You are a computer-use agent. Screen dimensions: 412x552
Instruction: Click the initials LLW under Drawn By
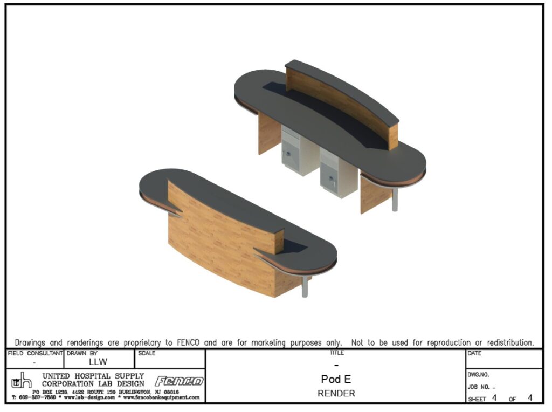(x=98, y=362)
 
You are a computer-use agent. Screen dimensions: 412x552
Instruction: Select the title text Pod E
(x=336, y=379)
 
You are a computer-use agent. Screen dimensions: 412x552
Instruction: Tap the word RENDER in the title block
(x=336, y=393)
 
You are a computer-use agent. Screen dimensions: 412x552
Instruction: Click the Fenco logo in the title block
(x=180, y=381)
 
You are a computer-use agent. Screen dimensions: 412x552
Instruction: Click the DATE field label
(x=474, y=353)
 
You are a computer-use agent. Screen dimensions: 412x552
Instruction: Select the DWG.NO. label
(x=479, y=374)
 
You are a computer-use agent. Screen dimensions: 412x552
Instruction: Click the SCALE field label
(x=146, y=353)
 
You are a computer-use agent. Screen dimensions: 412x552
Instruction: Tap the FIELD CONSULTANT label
(x=35, y=353)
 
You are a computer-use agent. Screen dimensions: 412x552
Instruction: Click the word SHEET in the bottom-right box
(x=477, y=399)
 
